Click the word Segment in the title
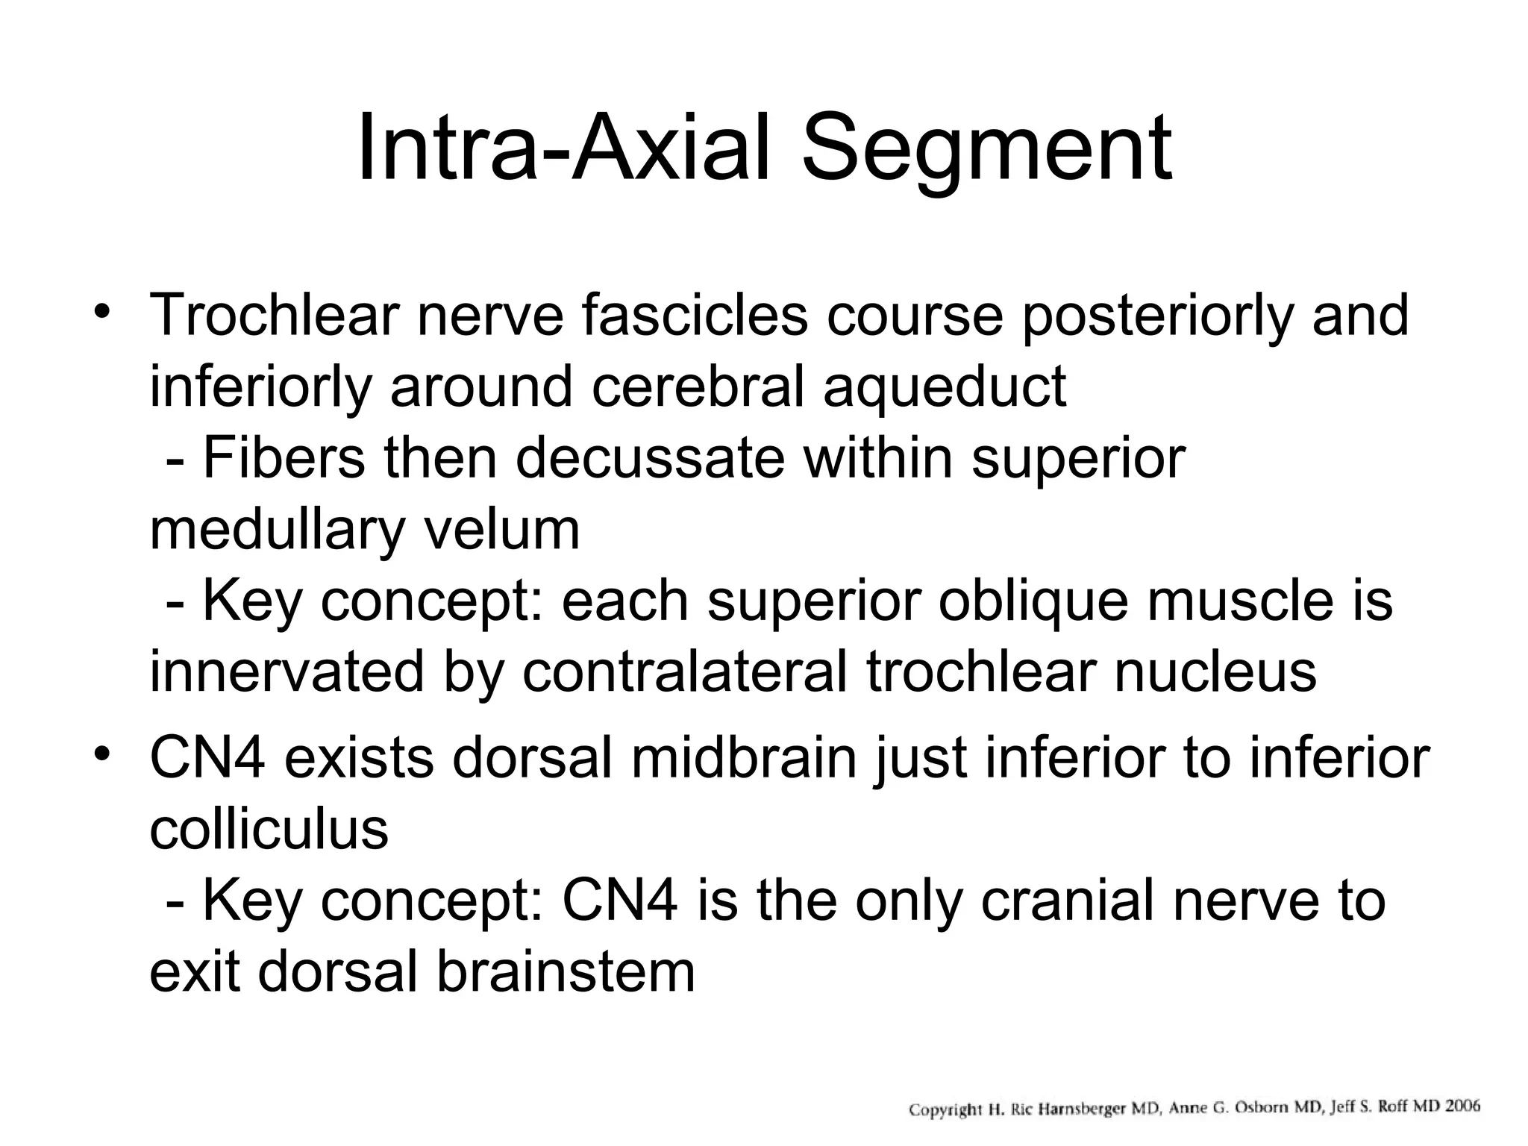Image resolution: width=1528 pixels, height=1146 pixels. click(986, 149)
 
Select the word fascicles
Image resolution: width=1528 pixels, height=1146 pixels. click(695, 316)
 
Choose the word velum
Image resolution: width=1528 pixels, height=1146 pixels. click(501, 530)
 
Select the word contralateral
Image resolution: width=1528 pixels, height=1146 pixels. click(684, 672)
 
